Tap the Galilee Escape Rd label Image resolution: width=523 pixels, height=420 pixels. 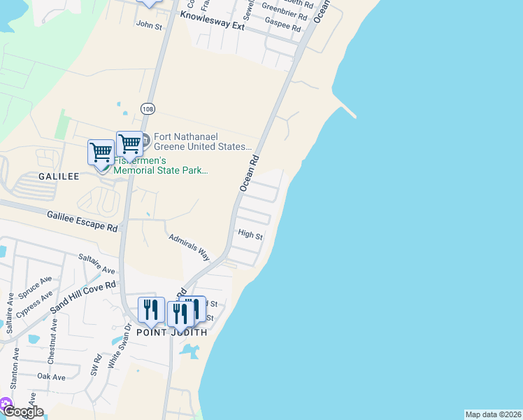[83, 221]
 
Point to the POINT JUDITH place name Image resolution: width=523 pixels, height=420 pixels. [171, 332]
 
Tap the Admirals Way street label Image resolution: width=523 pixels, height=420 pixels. [189, 247]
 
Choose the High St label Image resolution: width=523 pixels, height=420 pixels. [250, 235]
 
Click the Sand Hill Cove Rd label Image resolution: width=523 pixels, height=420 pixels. [82, 297]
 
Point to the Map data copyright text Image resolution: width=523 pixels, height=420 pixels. [493, 414]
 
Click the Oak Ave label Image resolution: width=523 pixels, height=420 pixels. [51, 377]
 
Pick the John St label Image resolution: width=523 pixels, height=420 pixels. [149, 25]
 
